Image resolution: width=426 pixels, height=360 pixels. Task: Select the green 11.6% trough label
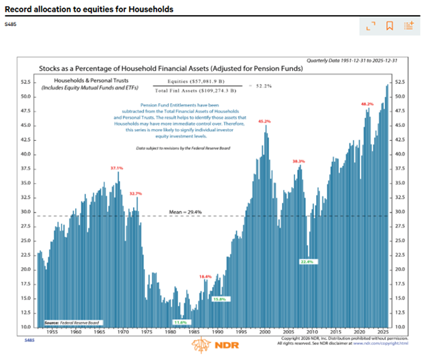pos(180,322)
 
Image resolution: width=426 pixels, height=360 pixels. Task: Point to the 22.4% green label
pos(307,262)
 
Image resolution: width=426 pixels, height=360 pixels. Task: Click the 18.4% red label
pos(205,276)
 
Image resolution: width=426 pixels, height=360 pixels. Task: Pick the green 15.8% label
pos(218,299)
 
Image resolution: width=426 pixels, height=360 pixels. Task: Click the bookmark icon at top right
pos(389,26)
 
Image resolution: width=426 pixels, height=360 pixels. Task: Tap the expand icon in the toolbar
pos(370,26)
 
